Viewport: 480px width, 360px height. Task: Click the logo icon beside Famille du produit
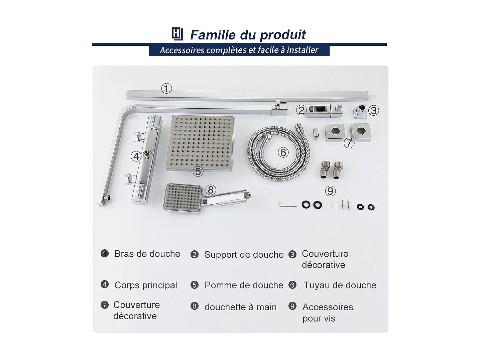point(177,34)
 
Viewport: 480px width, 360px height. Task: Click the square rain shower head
point(200,143)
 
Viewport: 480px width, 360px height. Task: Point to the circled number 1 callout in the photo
point(166,89)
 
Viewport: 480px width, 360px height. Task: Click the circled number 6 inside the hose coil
point(283,152)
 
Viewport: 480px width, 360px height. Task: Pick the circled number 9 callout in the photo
point(330,191)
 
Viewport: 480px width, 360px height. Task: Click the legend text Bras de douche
point(147,254)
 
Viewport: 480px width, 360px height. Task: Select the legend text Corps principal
point(146,285)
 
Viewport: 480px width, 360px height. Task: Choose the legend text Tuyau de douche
point(340,285)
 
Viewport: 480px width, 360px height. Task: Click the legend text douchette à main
point(240,307)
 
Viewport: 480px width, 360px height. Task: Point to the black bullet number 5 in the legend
point(195,285)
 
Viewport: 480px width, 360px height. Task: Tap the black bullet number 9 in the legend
point(292,306)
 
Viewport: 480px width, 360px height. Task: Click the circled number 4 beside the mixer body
point(136,156)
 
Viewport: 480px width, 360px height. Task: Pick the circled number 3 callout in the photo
point(373,110)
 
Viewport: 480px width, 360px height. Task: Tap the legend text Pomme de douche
point(244,285)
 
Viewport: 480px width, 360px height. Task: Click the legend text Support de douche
point(244,255)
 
